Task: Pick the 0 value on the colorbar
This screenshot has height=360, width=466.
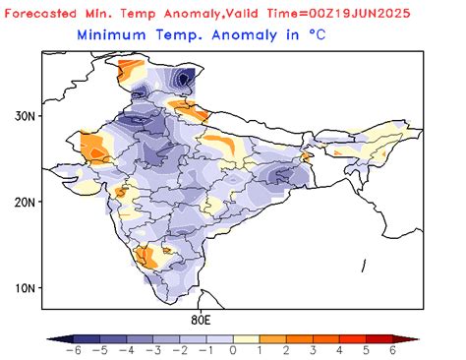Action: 233,350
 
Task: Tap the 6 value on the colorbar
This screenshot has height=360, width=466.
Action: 393,350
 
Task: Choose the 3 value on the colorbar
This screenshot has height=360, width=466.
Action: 313,350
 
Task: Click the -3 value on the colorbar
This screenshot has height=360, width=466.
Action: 149,350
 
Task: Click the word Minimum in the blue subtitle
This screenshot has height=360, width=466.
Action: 112,34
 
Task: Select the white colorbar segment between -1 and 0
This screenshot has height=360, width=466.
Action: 219,337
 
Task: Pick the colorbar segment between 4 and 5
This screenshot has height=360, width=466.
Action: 353,337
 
